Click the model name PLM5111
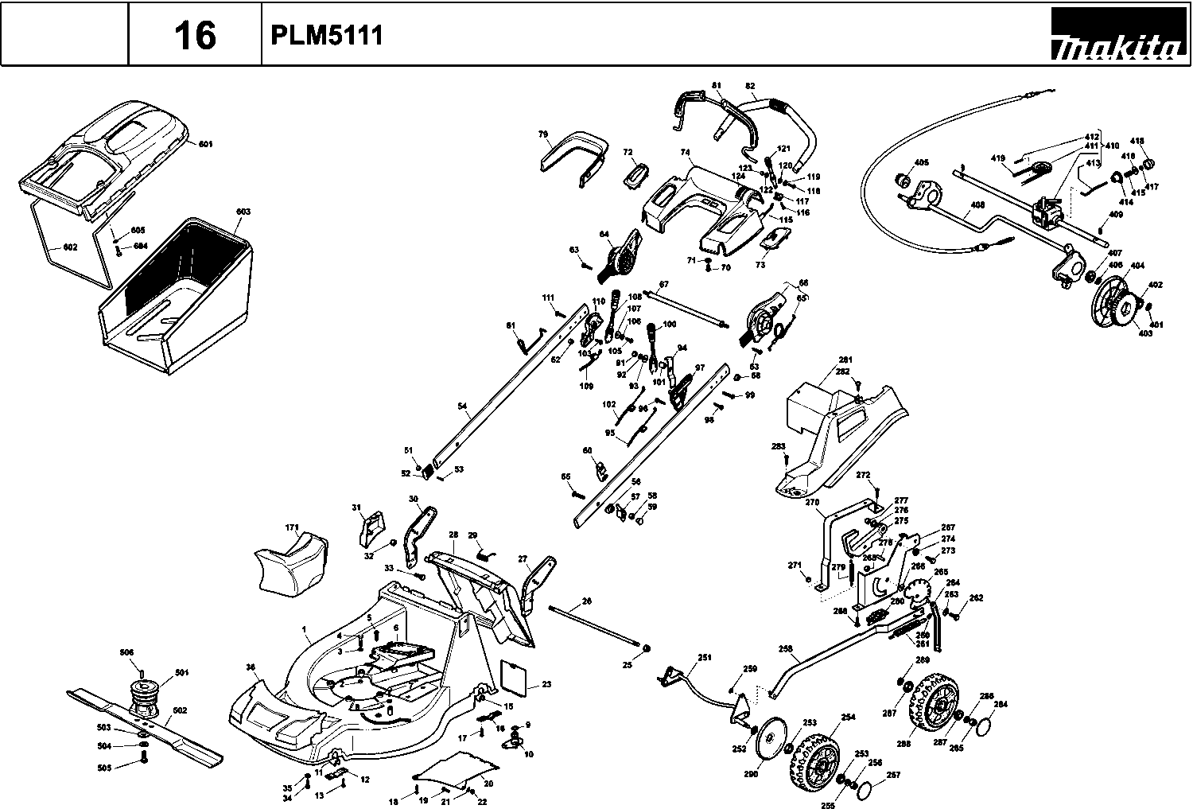326,36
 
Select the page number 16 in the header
195,36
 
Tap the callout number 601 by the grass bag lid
205,144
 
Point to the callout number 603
243,212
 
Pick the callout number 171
292,527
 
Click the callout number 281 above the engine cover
845,360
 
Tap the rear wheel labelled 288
928,707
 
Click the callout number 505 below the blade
104,767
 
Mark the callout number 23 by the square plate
546,684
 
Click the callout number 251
705,657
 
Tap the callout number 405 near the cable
922,163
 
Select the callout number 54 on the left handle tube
462,406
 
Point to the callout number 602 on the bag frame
70,247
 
